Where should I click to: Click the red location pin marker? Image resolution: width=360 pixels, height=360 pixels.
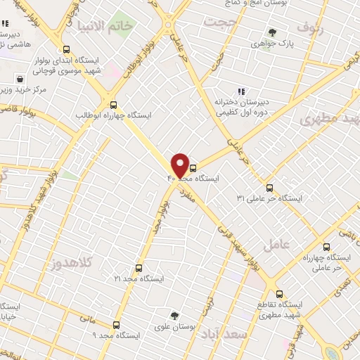click(180, 166)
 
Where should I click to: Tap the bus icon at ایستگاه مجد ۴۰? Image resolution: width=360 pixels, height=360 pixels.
click(193, 168)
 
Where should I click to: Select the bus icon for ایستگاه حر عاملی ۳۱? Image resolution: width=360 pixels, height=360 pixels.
click(270, 187)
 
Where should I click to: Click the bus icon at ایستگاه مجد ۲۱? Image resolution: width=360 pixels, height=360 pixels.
click(138, 268)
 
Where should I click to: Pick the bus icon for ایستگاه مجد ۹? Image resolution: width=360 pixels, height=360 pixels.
click(117, 324)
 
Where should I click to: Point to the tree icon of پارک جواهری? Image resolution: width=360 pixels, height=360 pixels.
click(272, 32)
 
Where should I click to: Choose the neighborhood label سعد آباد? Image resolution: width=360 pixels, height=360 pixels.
click(240, 335)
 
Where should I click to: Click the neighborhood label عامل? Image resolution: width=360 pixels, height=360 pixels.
click(276, 245)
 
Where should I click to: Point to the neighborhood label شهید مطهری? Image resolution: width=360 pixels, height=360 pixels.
click(330, 119)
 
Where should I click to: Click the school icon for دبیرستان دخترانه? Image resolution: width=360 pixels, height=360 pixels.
click(241, 91)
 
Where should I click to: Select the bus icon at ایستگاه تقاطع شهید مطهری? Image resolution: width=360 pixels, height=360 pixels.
click(279, 294)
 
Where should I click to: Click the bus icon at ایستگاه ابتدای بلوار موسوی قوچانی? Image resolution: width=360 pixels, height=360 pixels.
click(66, 50)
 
